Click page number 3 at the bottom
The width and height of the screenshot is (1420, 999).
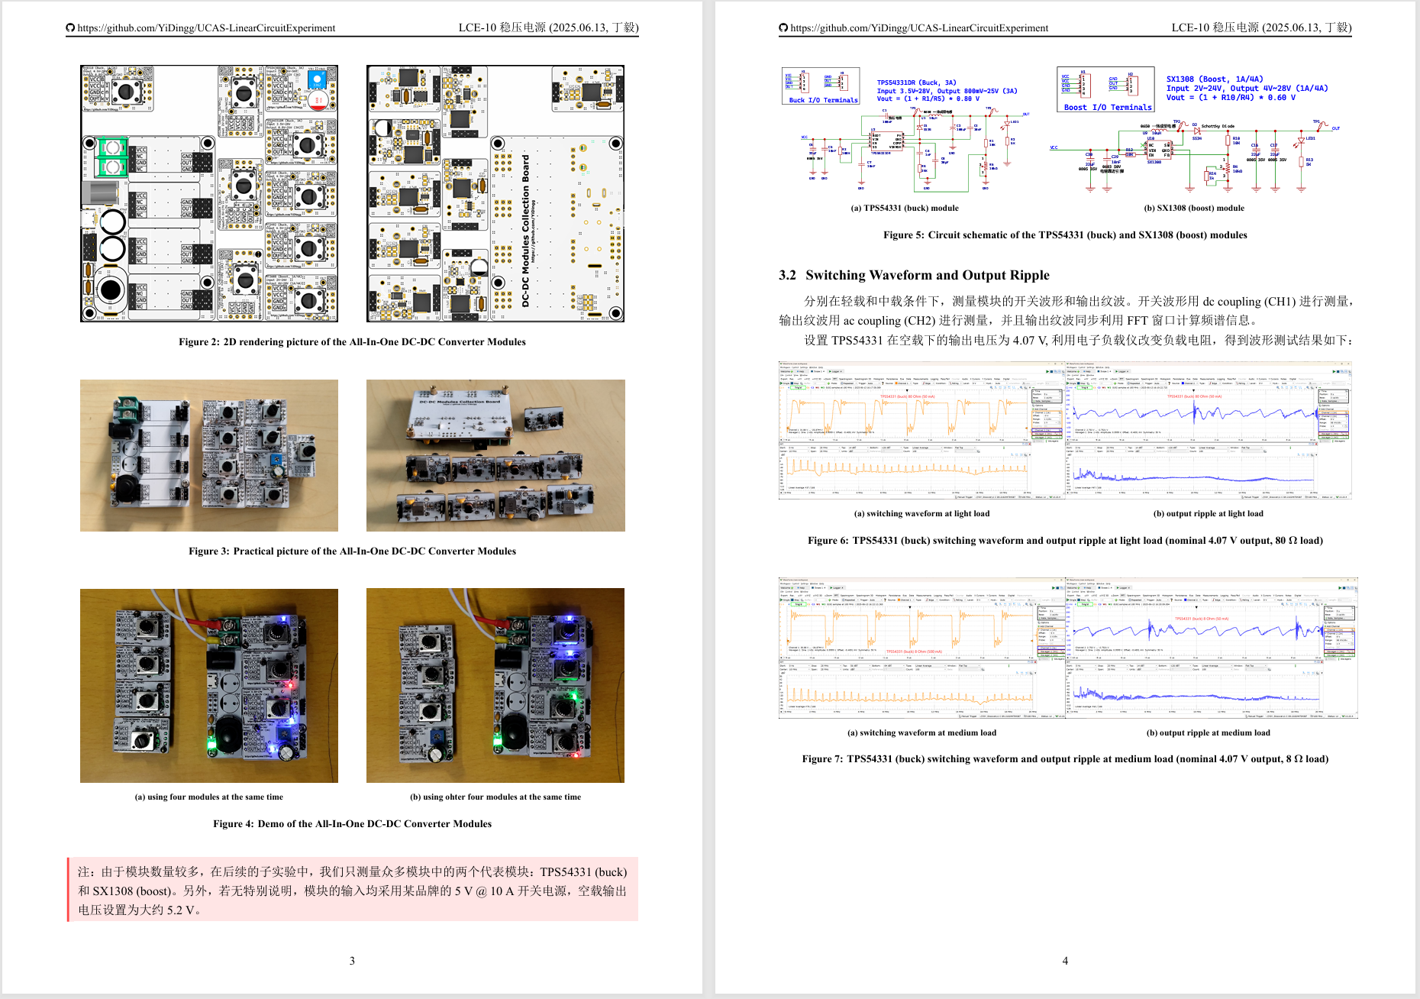pyautogui.click(x=352, y=961)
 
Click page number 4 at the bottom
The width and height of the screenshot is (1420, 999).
pyautogui.click(x=1065, y=961)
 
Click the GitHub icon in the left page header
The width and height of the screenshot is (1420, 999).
pyautogui.click(x=71, y=28)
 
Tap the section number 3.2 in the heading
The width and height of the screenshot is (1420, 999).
pyautogui.click(x=787, y=276)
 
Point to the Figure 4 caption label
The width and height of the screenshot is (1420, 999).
pyautogui.click(x=233, y=824)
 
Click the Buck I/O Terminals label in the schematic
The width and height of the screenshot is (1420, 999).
pyautogui.click(x=823, y=100)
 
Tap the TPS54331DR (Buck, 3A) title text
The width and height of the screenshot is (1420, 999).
pyautogui.click(x=916, y=82)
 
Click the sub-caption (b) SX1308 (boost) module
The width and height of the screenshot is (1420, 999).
pyautogui.click(x=1194, y=208)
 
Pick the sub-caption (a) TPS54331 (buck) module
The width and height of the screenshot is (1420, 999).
pyautogui.click(x=905, y=208)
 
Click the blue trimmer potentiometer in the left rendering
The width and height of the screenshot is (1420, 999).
pyautogui.click(x=316, y=79)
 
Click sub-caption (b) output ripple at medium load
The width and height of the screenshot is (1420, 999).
pyautogui.click(x=1208, y=732)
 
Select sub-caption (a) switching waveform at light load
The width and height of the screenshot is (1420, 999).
pyautogui.click(x=921, y=513)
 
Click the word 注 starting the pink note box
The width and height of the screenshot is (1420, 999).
pyautogui.click(x=83, y=872)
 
